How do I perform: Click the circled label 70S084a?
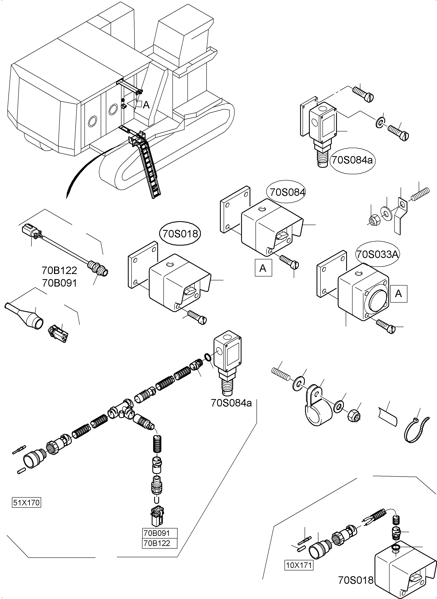(x=352, y=160)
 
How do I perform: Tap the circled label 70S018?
(x=180, y=233)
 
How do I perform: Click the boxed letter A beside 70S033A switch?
(x=398, y=294)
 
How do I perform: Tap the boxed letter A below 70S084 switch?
(x=263, y=268)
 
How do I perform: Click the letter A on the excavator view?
(x=146, y=105)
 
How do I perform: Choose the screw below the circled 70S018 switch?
(x=197, y=317)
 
